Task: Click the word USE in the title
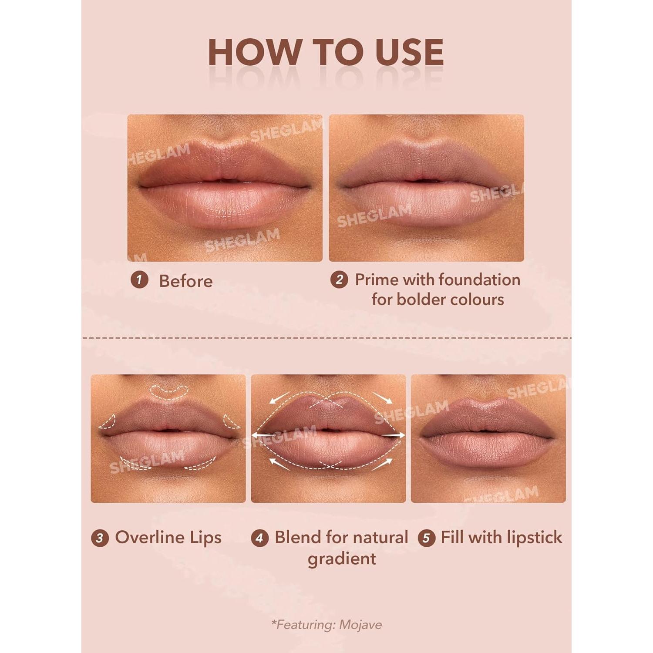[x=409, y=52]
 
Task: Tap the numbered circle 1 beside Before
[x=139, y=279]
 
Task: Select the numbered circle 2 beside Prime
[x=339, y=279]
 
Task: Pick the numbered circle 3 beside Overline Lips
[x=100, y=538]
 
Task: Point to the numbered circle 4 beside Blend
[x=259, y=538]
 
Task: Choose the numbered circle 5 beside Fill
[x=426, y=538]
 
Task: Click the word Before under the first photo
[x=186, y=281]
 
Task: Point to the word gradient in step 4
[x=342, y=559]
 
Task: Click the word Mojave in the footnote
[x=360, y=625]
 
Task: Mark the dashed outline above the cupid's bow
[x=169, y=391]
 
